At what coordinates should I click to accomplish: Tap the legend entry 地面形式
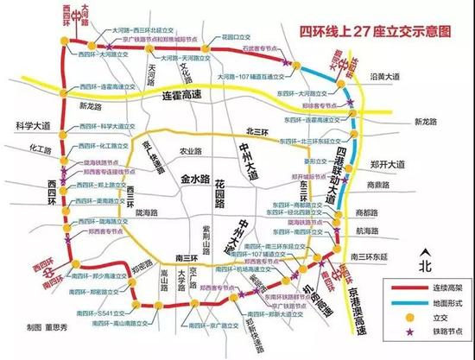click(441, 304)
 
